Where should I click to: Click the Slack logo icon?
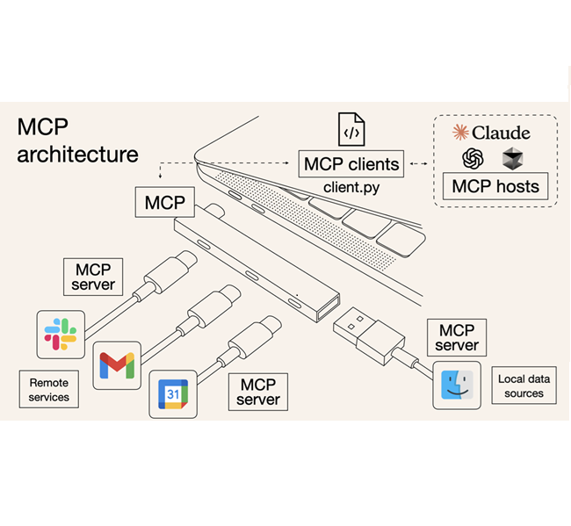(61, 334)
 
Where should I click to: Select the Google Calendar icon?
(173, 395)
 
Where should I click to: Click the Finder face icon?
(457, 385)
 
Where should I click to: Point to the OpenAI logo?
(474, 159)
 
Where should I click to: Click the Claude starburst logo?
(460, 133)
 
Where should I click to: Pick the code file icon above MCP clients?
(351, 130)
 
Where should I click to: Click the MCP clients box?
(351, 163)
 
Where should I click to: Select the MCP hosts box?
(495, 186)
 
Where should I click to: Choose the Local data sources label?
(524, 386)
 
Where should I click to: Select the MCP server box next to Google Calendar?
(258, 392)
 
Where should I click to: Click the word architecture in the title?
(77, 155)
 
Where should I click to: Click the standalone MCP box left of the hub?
(164, 203)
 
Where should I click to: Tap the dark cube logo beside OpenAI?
(512, 159)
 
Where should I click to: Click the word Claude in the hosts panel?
(501, 133)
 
